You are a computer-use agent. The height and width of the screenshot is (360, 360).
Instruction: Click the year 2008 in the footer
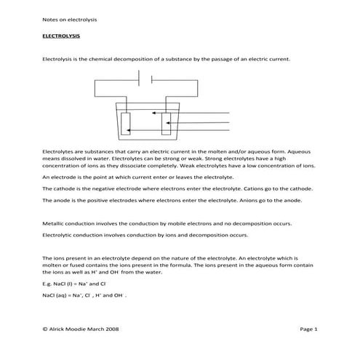pyautogui.click(x=111, y=329)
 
